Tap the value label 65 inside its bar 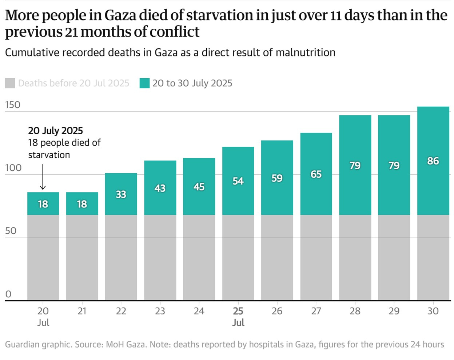pos(316,174)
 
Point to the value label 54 pos(238,181)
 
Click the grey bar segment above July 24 pos(199,257)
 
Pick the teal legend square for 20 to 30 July pos(144,83)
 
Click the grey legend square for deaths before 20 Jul pos(10,83)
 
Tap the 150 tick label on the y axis pos(13,105)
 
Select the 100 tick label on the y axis pos(13,168)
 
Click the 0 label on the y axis pos(8,294)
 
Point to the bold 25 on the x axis pos(238,311)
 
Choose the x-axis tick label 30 pos(433,311)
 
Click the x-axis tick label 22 pos(121,311)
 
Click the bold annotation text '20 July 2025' pos(55,131)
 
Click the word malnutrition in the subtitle pos(305,53)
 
